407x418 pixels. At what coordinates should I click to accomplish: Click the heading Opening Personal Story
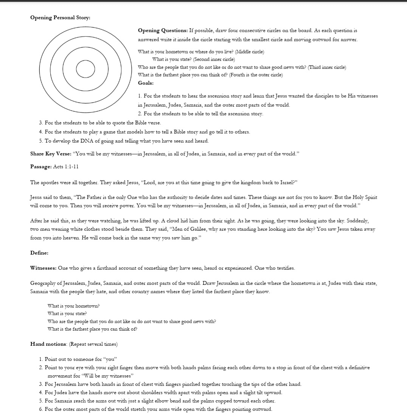tap(60, 17)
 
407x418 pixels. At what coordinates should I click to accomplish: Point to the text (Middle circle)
tap(250, 51)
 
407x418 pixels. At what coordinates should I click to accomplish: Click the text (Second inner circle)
tap(214, 59)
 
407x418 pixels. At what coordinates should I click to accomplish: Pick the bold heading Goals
tap(146, 83)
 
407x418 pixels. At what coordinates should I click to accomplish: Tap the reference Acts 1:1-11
tap(66, 166)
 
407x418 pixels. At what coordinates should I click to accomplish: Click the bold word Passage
tap(41, 166)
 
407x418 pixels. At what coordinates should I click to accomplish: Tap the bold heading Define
tap(39, 253)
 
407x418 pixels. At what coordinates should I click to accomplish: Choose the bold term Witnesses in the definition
tap(43, 268)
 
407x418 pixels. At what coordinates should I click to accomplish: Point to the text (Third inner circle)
tap(327, 67)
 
